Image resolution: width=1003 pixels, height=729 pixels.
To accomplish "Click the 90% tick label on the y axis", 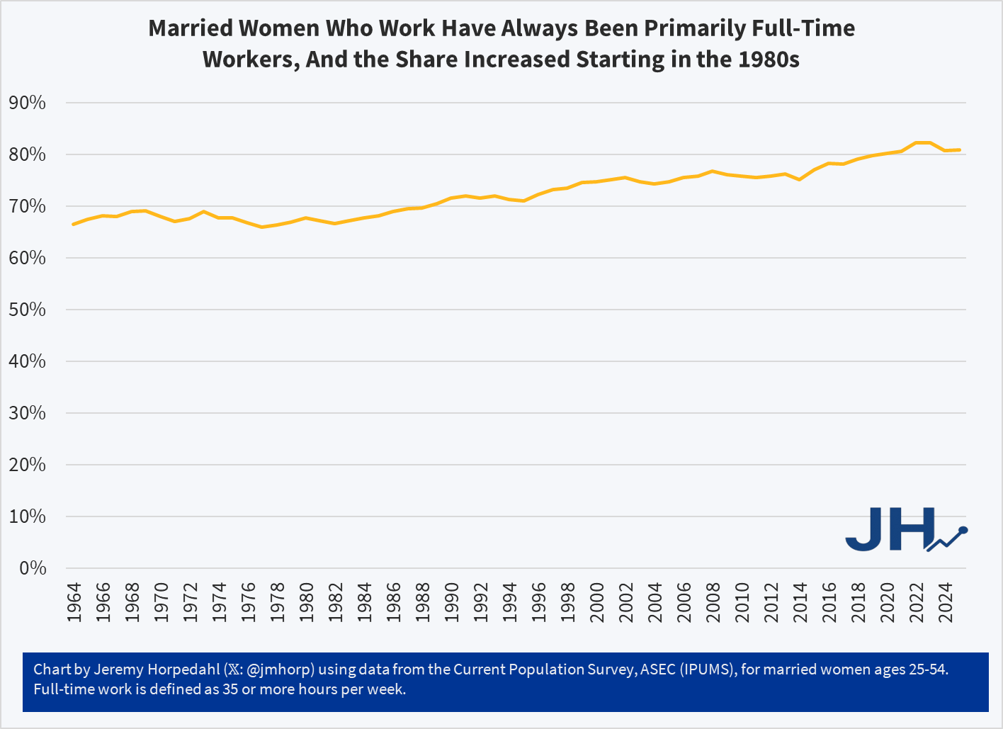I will (28, 103).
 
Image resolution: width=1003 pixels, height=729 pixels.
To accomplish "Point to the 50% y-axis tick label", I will (28, 310).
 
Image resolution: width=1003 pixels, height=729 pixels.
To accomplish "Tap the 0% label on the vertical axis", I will (33, 569).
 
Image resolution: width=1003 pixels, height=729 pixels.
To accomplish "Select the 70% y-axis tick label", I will (28, 207).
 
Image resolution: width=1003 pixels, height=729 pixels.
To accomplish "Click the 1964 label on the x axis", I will (74, 602).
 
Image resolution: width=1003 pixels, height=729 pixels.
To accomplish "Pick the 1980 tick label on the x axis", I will (307, 602).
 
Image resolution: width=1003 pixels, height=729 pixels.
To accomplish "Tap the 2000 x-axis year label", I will (597, 602).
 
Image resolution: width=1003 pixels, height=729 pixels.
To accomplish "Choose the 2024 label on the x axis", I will (946, 602).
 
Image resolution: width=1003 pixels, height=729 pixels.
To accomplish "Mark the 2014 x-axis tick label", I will (800, 602).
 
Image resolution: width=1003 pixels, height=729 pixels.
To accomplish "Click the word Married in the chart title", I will (191, 28).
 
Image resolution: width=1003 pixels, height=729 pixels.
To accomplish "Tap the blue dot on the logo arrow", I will (963, 530).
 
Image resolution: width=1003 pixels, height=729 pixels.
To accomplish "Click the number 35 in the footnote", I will (230, 689).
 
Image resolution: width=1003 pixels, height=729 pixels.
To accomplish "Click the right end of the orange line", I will (960, 150).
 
